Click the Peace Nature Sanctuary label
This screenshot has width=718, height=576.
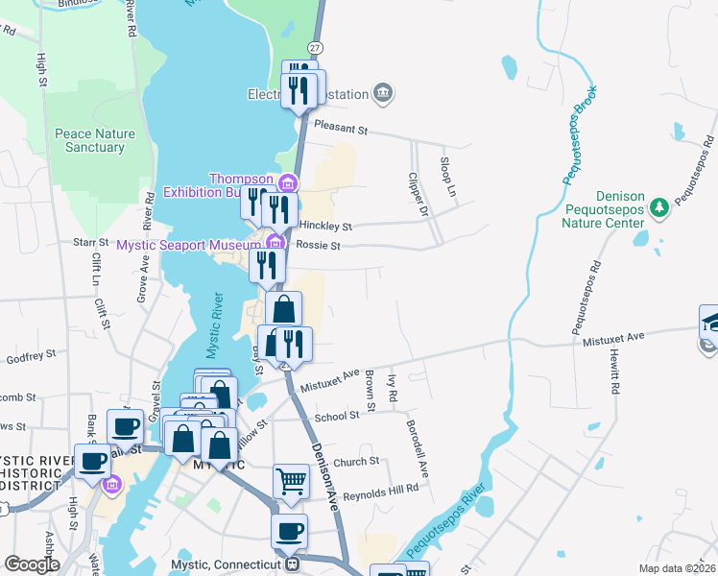point(89,140)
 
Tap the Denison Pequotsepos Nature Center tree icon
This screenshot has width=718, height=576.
point(658,206)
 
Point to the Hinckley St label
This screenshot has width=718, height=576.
point(326,227)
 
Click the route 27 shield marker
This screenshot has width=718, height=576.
point(315,47)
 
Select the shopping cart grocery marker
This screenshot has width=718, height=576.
point(291,480)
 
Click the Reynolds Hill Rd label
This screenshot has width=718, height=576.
point(381,489)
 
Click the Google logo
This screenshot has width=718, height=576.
point(32,564)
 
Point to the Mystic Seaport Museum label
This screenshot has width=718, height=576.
point(189,245)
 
